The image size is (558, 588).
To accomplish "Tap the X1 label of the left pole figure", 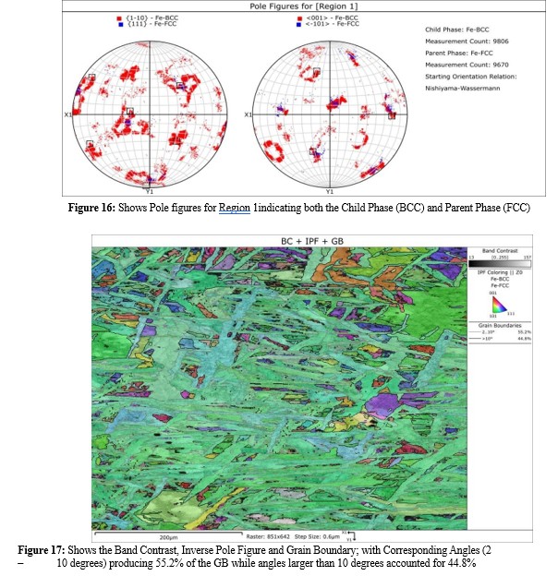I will coord(67,114).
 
